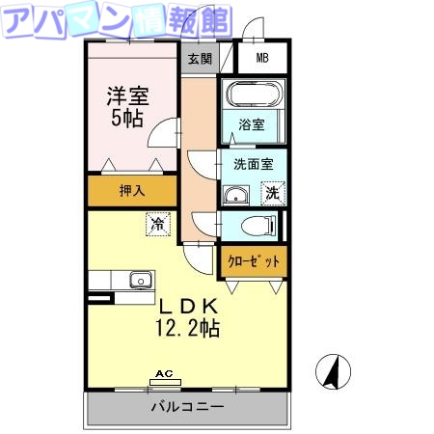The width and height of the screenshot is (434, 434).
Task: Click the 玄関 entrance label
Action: point(200,59)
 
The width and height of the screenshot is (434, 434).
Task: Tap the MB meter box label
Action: point(262,59)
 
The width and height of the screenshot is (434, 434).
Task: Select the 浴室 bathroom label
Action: point(253,124)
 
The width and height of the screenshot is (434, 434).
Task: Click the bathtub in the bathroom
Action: point(253,95)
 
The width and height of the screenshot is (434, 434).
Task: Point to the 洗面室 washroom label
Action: point(253,164)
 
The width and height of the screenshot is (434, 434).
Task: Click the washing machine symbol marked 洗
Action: point(273,193)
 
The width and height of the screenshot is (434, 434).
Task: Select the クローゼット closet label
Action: point(255,261)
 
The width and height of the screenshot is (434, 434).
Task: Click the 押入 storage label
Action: point(132,190)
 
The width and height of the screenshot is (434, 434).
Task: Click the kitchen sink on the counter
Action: point(141,281)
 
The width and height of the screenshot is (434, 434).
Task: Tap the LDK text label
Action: point(190,307)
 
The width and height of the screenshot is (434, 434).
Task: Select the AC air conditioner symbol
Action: point(165,377)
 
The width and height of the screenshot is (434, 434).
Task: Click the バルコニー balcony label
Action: point(187,406)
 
